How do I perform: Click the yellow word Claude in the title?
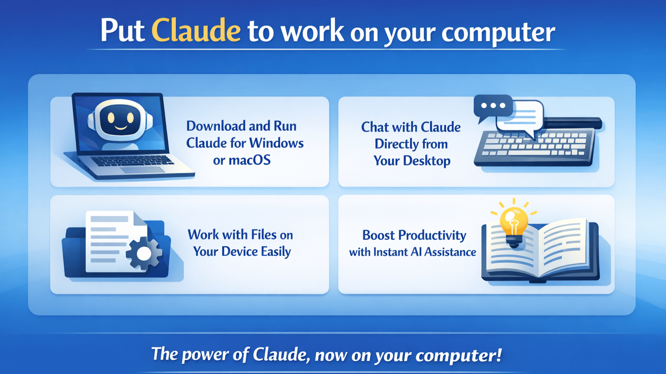click(x=196, y=30)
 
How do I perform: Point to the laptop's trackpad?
click(x=143, y=170)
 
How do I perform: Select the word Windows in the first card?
click(x=277, y=143)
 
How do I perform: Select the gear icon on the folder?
click(x=144, y=253)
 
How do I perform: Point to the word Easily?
click(x=276, y=252)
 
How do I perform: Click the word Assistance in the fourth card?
click(x=450, y=252)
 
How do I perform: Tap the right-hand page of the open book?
click(x=563, y=247)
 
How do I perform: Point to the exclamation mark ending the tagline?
click(x=498, y=354)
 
